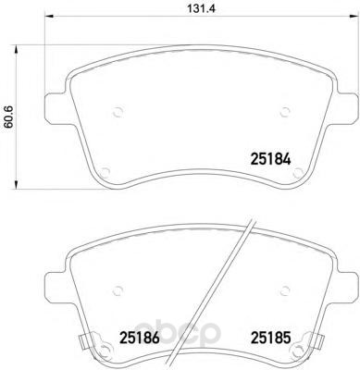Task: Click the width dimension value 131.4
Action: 201,8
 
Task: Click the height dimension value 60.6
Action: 8,117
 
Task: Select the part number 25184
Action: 270,159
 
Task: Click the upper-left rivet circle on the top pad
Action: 118,112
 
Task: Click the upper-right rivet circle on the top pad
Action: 285,112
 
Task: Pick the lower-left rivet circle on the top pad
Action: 106,172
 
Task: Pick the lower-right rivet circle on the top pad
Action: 298,172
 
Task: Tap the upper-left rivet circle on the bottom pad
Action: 118,290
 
